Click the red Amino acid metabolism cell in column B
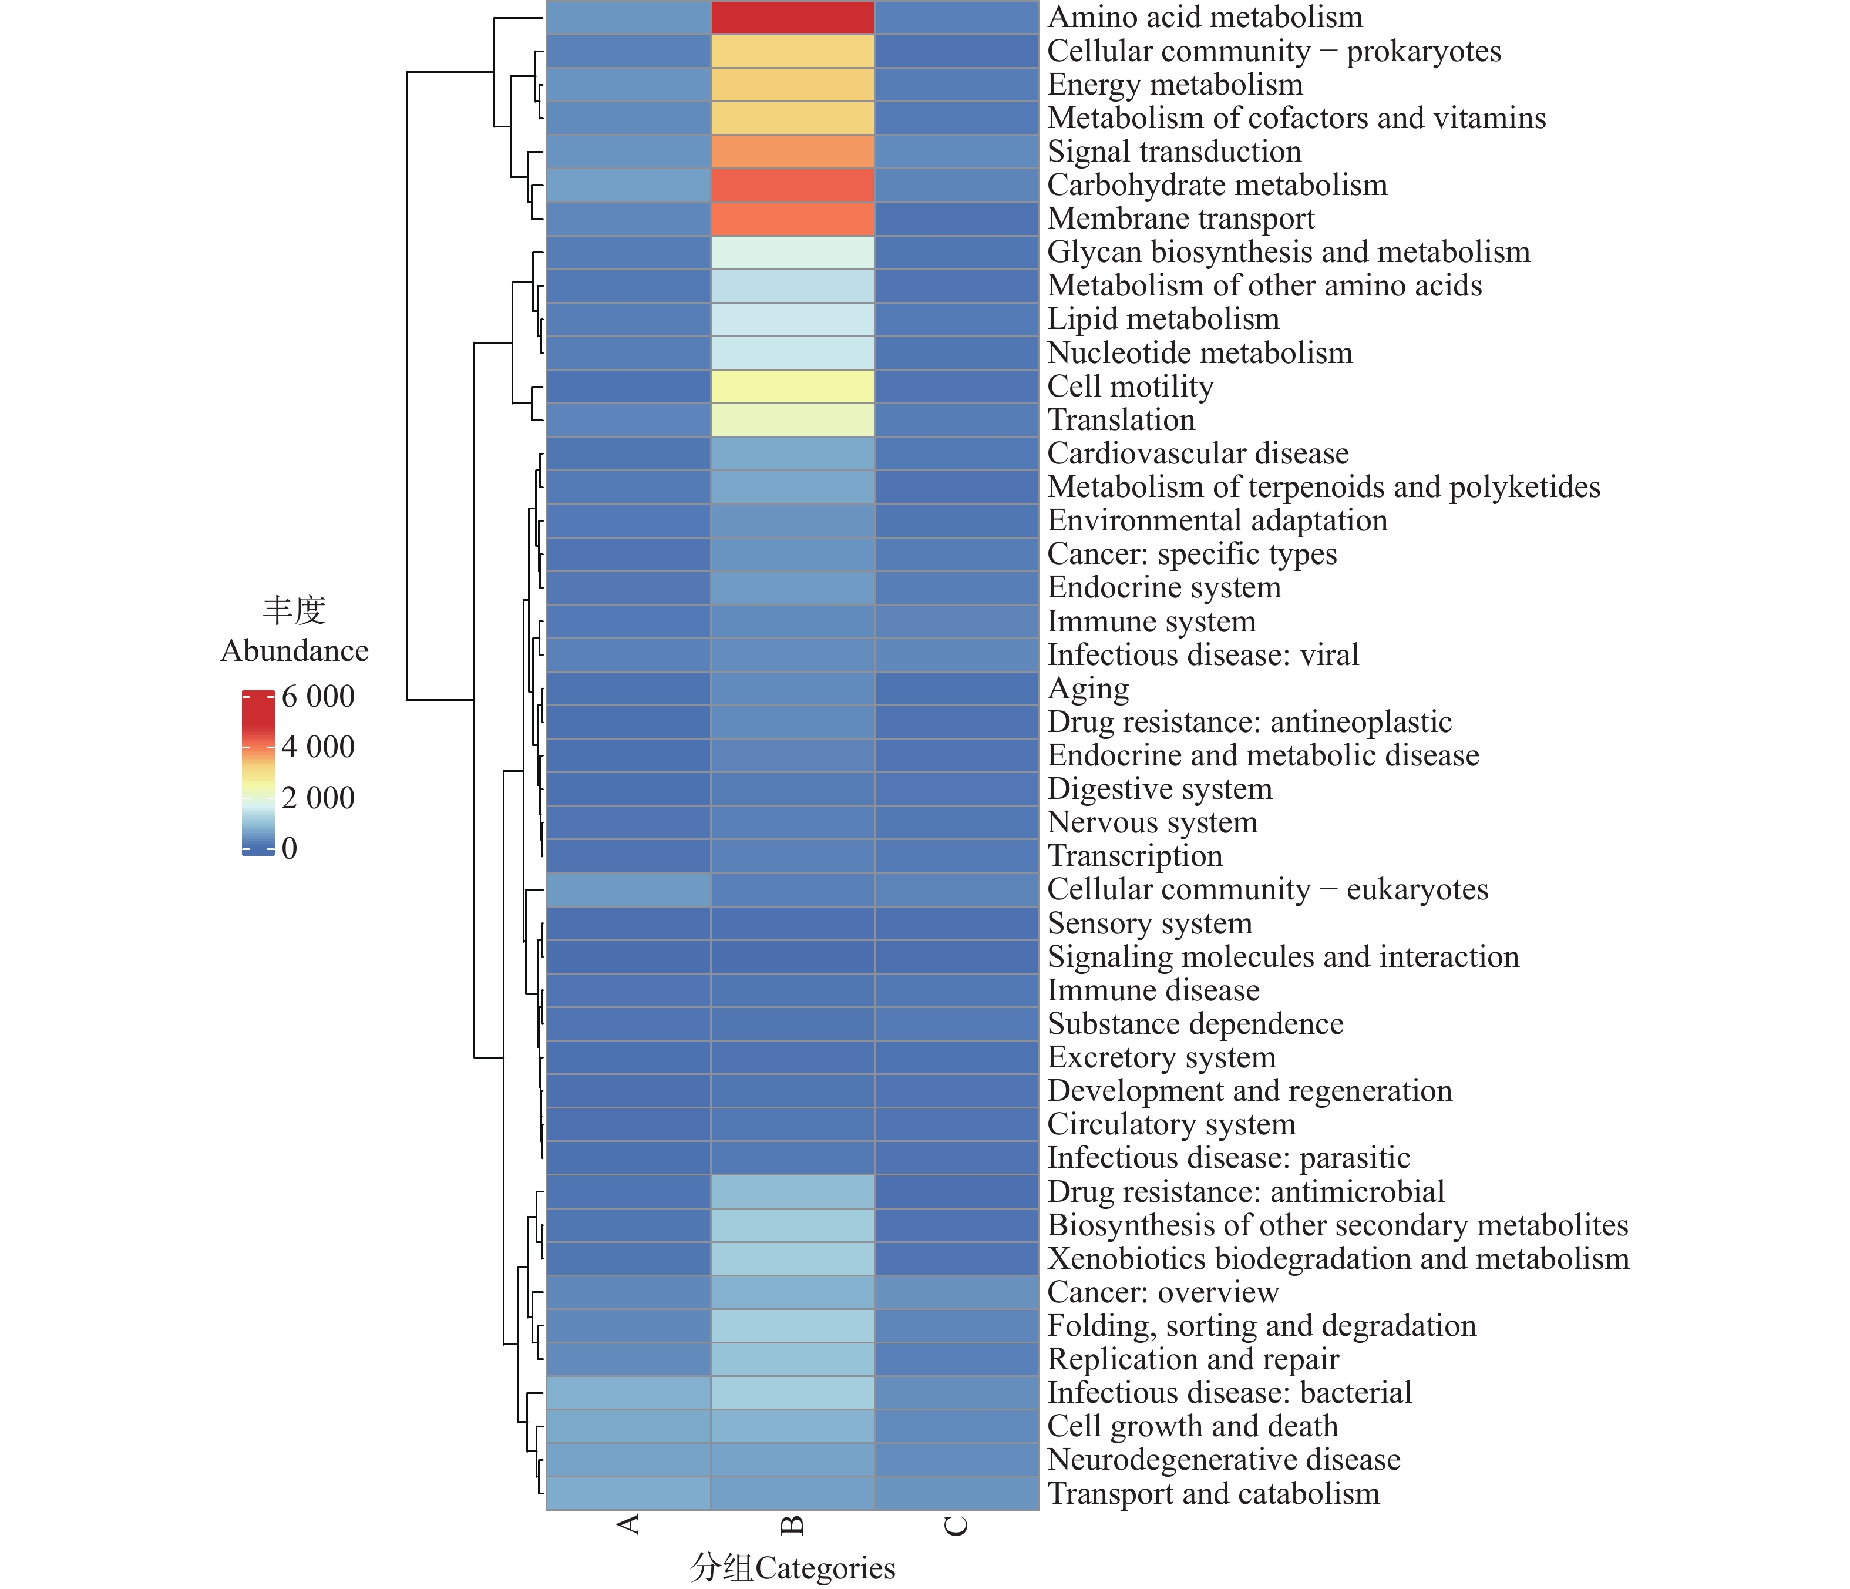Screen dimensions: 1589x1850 [792, 18]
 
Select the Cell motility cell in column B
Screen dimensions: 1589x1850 [792, 387]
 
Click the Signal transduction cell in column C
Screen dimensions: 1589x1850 [956, 152]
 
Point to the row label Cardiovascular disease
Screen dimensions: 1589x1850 [1198, 453]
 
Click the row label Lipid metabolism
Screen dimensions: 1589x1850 [1162, 320]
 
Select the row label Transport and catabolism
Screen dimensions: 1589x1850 [1213, 1493]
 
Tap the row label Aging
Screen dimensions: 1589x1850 [1088, 688]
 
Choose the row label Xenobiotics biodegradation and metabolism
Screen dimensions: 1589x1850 [1337, 1258]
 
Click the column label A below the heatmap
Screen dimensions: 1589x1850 [628, 1524]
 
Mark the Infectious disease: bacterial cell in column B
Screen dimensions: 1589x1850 [792, 1392]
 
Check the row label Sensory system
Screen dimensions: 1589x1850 [1149, 923]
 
